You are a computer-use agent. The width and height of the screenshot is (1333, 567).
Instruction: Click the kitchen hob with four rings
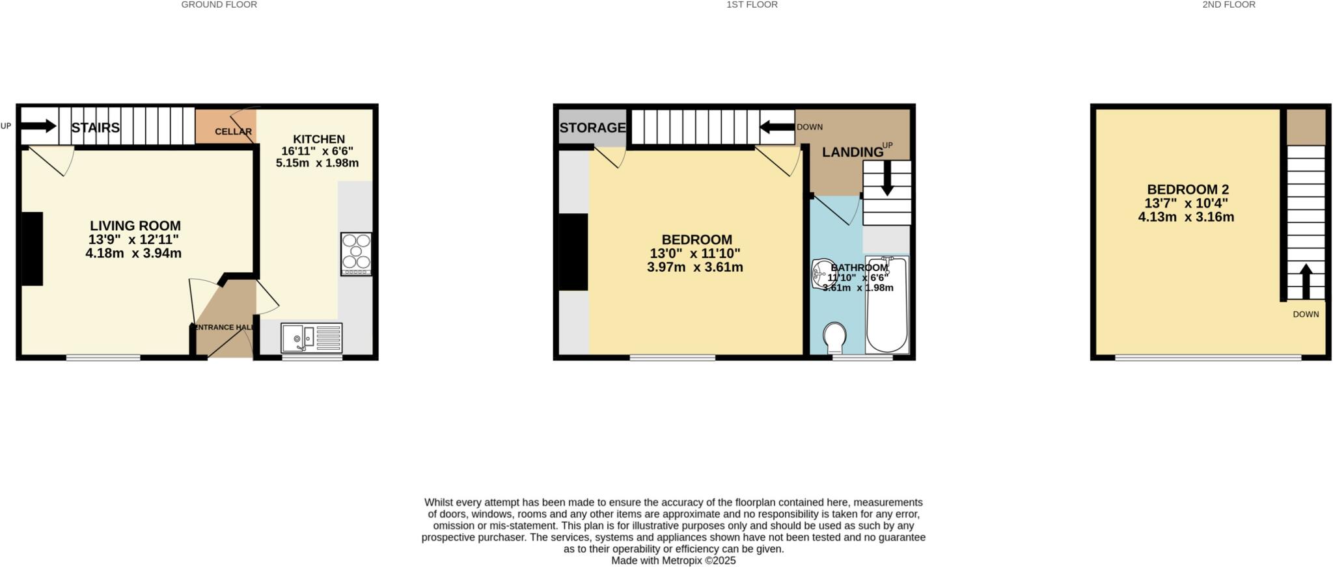click(356, 254)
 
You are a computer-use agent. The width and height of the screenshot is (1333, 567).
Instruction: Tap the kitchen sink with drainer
click(311, 338)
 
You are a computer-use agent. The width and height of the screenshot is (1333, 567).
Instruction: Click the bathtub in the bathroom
click(886, 304)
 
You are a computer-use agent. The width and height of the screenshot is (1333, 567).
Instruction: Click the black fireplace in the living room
click(32, 248)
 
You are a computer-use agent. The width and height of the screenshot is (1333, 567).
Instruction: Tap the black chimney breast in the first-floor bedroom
click(573, 252)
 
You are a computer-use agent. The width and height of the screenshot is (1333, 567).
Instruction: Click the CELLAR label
click(233, 132)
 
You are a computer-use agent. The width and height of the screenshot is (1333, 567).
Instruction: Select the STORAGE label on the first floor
click(592, 128)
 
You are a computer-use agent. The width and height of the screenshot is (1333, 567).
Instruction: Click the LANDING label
click(852, 152)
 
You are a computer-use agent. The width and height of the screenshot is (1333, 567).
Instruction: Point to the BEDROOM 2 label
click(1187, 189)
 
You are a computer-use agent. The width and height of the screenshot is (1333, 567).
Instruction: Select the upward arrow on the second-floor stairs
click(1305, 280)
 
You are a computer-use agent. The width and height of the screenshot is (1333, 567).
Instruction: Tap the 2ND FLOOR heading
click(1229, 5)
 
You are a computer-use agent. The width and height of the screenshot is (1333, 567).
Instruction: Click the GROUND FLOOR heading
click(219, 5)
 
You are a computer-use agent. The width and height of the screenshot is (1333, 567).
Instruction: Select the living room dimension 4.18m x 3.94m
click(133, 254)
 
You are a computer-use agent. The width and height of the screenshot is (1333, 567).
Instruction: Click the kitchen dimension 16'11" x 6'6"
click(317, 151)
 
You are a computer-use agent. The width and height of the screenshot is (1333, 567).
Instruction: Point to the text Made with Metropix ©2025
click(673, 560)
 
